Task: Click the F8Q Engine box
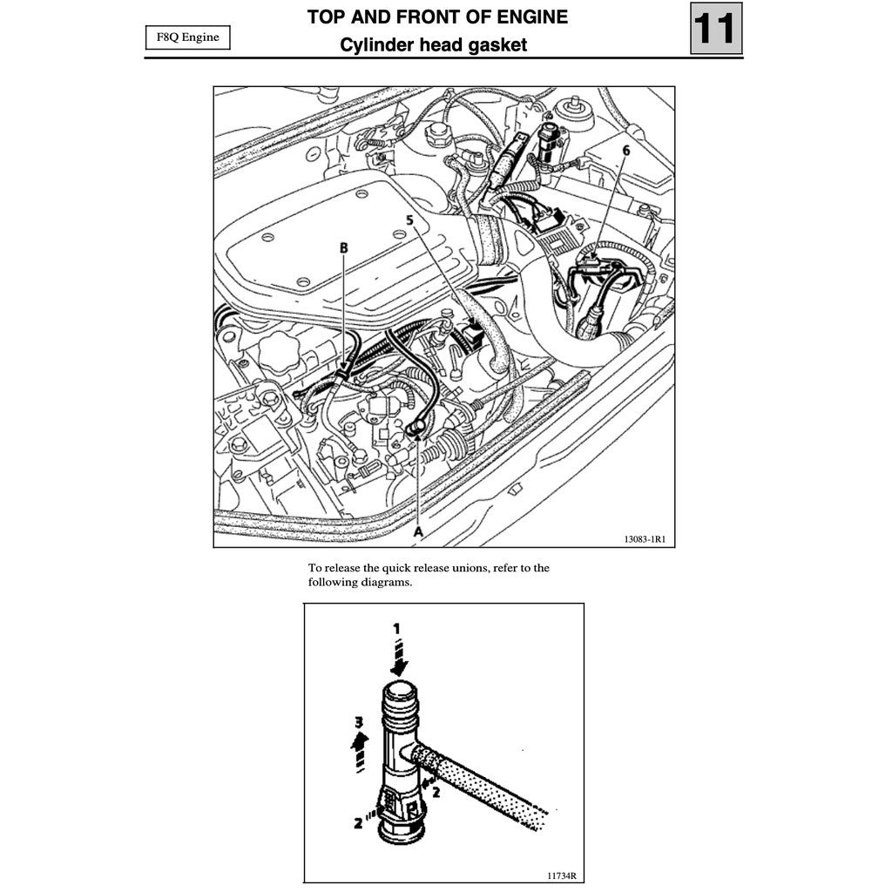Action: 187,38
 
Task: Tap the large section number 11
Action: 716,29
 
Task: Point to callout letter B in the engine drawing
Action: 344,248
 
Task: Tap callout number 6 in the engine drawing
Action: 625,150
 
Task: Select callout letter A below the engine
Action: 417,530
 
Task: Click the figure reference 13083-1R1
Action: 645,539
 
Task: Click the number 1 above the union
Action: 397,627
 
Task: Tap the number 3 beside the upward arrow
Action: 358,722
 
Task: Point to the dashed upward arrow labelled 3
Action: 359,749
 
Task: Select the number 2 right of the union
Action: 436,792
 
